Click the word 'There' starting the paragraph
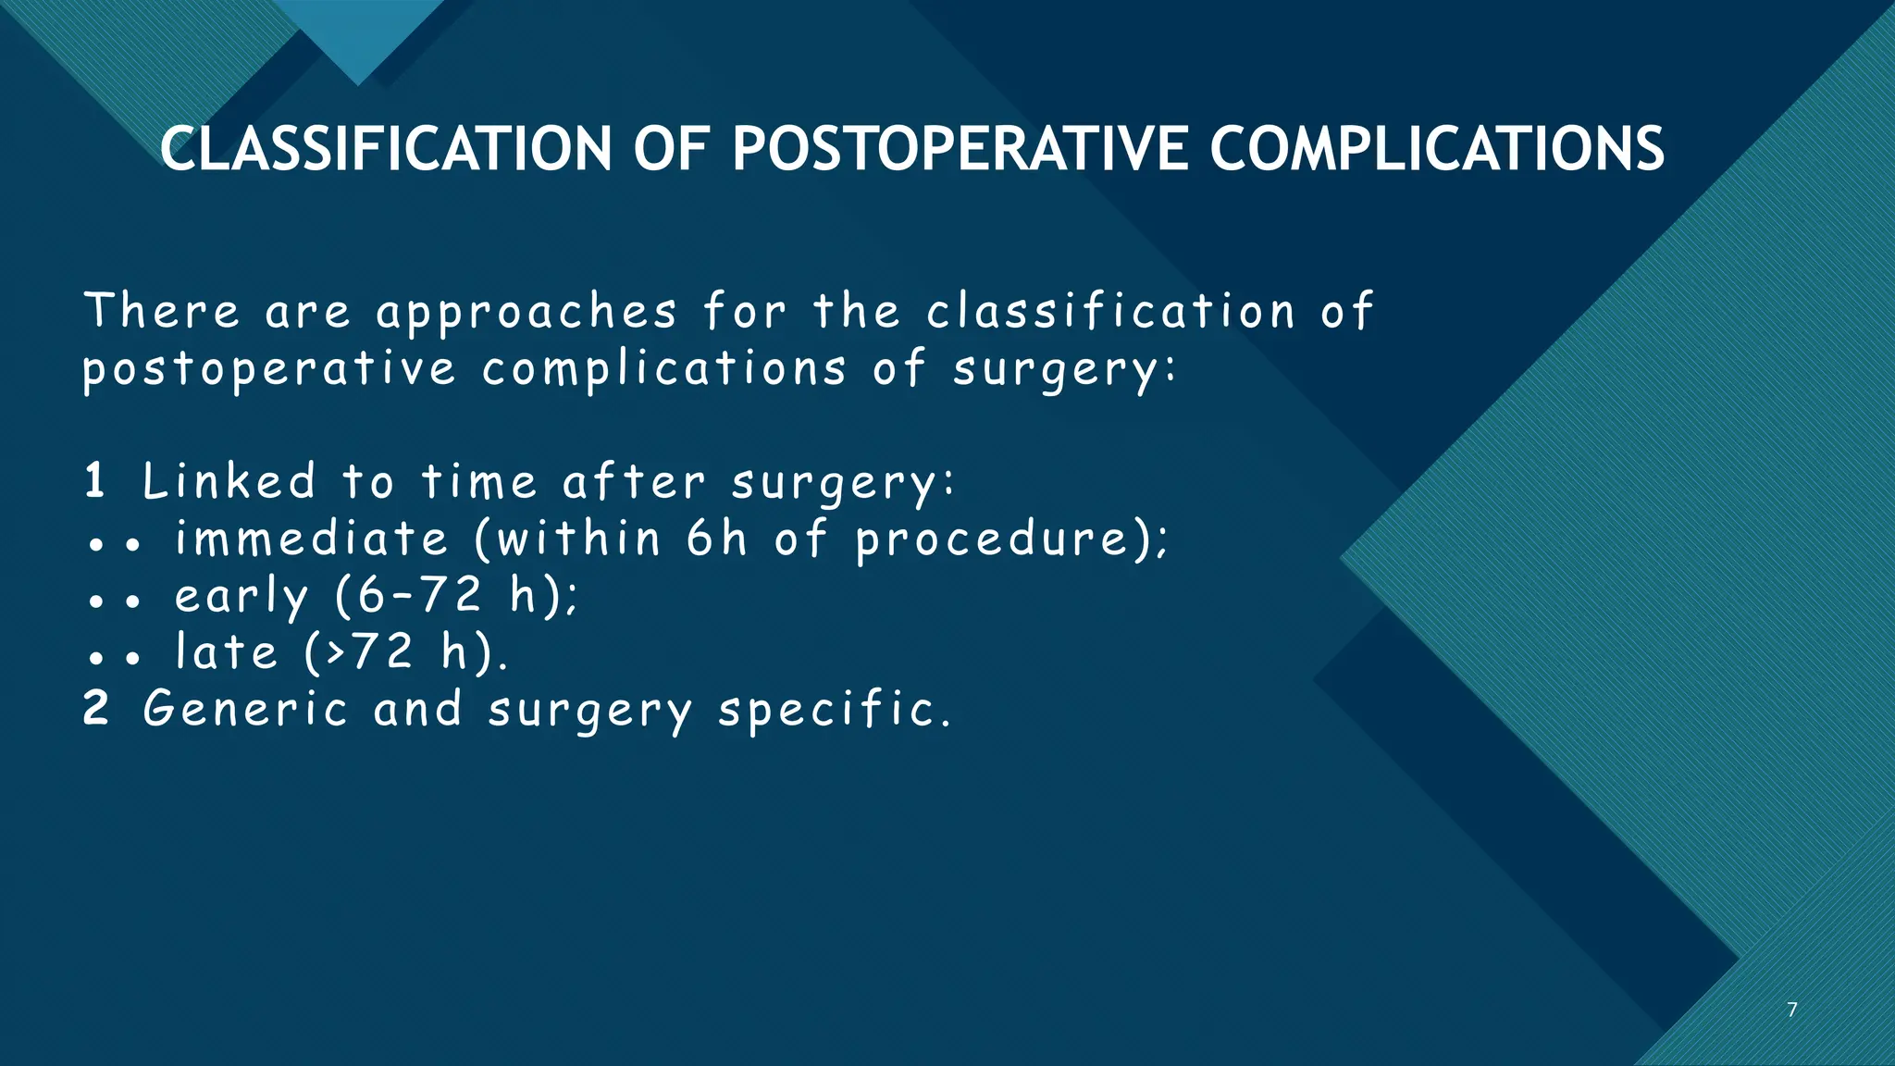pyautogui.click(x=162, y=311)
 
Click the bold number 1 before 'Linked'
pyautogui.click(x=94, y=481)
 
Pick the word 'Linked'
pyautogui.click(x=229, y=482)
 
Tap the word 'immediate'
pyautogui.click(x=312, y=539)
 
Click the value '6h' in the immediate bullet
pyautogui.click(x=716, y=539)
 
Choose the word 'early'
pyautogui.click(x=242, y=597)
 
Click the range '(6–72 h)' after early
pyautogui.click(x=455, y=596)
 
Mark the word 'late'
pyautogui.click(x=227, y=651)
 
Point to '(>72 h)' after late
pyautogui.click(x=405, y=652)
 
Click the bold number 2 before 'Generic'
pyautogui.click(x=96, y=709)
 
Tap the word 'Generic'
pyautogui.click(x=245, y=710)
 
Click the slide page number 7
pyautogui.click(x=1792, y=1010)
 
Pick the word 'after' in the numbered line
pyautogui.click(x=634, y=482)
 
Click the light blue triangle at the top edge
pyautogui.click(x=359, y=37)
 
